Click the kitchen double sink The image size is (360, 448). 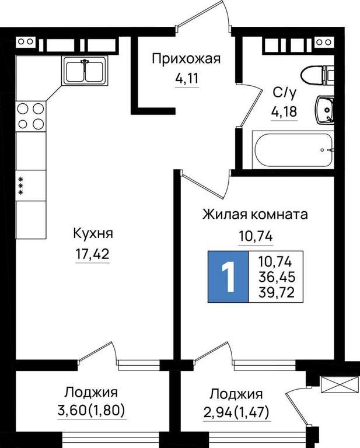tap(85, 71)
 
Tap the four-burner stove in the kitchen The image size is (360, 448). tap(31, 116)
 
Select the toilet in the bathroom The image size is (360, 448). tap(317, 75)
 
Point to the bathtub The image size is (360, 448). tap(293, 149)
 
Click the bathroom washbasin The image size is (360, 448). tap(325, 110)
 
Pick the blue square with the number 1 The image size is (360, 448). tap(228, 276)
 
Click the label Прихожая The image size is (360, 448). tap(186, 60)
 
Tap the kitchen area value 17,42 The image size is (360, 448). tap(92, 254)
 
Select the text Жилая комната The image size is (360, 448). tap(255, 215)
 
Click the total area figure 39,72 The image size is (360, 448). tap(277, 292)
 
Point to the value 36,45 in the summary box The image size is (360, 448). tap(277, 276)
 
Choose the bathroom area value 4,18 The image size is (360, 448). tap(284, 112)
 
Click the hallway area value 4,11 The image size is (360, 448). tap(187, 78)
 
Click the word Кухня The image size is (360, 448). tap(93, 233)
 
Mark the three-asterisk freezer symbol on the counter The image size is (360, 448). tap(20, 185)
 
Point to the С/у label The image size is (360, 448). tap(285, 93)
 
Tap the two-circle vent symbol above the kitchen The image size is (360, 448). tap(26, 41)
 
